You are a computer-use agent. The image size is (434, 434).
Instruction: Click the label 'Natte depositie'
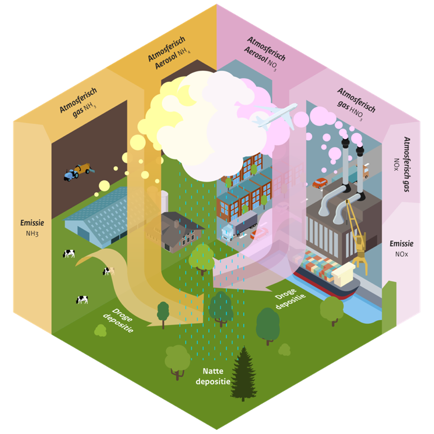(212, 376)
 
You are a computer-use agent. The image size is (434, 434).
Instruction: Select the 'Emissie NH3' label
(32, 228)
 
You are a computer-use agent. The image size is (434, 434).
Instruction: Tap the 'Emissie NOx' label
(401, 248)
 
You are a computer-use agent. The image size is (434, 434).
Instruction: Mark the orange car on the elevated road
(320, 183)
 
